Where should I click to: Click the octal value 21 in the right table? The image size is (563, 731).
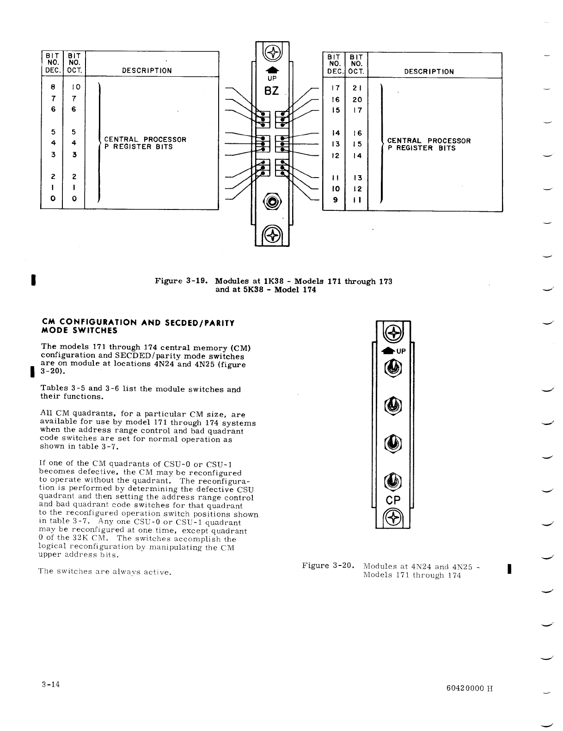[357, 88]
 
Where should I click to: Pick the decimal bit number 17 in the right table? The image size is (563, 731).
[335, 88]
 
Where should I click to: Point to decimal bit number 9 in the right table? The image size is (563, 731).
[335, 200]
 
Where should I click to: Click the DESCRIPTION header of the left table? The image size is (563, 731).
[147, 71]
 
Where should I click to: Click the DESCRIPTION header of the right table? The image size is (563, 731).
[429, 72]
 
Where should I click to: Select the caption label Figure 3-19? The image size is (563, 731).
[181, 281]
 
